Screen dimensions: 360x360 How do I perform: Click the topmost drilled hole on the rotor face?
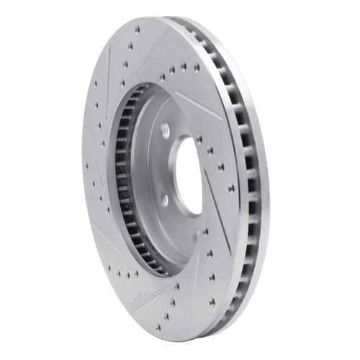(137, 30)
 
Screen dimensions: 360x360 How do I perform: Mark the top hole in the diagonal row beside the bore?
(210, 151)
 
